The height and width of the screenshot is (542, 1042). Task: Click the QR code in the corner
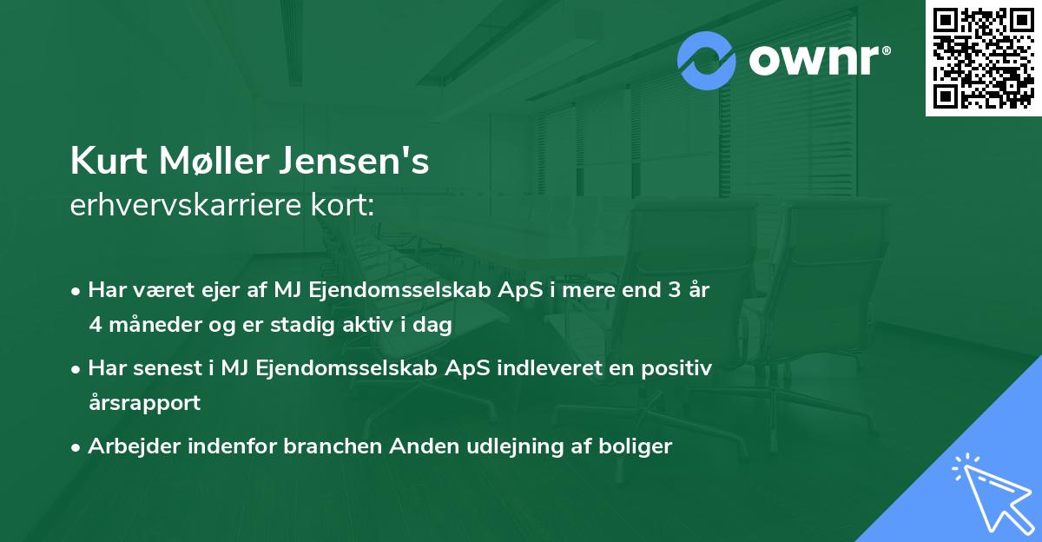(983, 58)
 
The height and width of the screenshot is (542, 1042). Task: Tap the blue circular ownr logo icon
(707, 61)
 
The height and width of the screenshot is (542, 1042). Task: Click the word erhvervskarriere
(183, 207)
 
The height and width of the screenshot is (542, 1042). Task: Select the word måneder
(153, 326)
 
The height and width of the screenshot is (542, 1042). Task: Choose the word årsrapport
(144, 403)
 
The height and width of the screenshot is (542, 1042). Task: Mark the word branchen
(331, 446)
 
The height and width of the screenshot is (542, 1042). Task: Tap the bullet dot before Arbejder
(77, 447)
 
